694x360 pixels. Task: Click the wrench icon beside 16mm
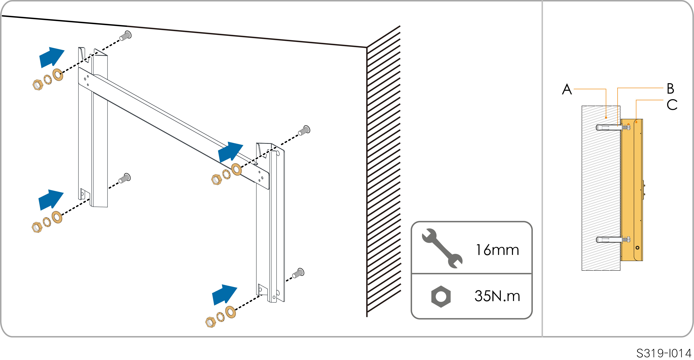coord(442,248)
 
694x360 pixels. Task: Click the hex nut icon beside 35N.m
coord(441,296)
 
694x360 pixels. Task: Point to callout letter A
coord(567,89)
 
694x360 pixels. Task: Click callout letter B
coord(670,89)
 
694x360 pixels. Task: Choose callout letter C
coord(672,105)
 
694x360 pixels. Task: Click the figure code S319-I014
coord(664,353)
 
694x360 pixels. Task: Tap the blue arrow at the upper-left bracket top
coord(51,57)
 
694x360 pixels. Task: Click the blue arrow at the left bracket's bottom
coord(51,200)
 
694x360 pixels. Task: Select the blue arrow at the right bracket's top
coord(230,152)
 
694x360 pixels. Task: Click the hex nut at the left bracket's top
coord(38,85)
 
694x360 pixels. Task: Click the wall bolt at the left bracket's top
coord(125,35)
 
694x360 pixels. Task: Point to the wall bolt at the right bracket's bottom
coord(299,273)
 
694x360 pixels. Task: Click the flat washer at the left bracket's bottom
coord(57,217)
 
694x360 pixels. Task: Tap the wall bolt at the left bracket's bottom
coord(125,178)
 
